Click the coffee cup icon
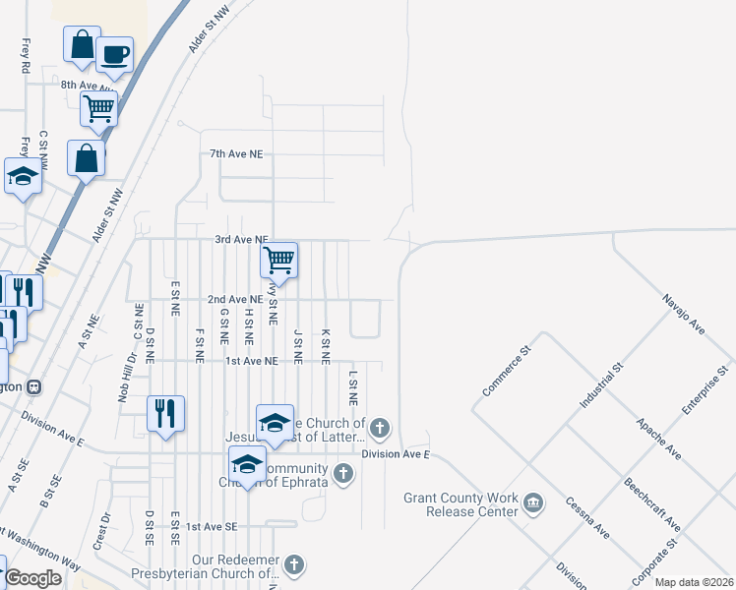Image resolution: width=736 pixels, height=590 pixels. tap(114, 55)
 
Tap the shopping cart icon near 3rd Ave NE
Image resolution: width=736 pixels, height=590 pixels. tap(279, 261)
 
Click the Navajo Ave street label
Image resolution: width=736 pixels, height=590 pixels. tap(684, 313)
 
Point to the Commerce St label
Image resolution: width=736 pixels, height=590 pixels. tap(506, 371)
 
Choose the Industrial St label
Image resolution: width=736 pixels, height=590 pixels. tap(602, 385)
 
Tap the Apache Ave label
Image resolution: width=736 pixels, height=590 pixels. tap(658, 438)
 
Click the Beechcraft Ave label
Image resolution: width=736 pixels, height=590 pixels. tap(646, 500)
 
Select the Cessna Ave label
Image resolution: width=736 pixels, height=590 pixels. tap(586, 518)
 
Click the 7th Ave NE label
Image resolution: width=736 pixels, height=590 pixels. tap(236, 154)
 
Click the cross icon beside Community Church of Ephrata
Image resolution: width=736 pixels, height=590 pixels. tap(342, 474)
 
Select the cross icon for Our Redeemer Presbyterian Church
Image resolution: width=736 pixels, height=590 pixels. tap(294, 564)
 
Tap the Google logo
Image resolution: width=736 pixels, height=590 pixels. tap(32, 578)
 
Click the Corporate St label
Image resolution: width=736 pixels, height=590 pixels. tap(658, 557)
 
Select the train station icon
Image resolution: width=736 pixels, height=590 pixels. tap(34, 386)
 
